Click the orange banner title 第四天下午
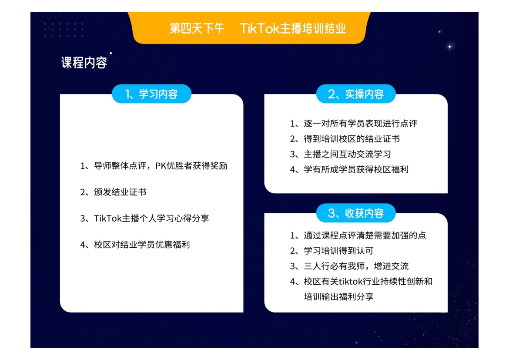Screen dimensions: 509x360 coord(197,28)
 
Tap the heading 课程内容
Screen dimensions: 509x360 coord(84,62)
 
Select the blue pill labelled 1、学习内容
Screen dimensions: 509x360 coord(151,94)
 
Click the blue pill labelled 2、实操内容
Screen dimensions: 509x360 coord(356,94)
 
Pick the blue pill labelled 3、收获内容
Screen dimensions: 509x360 coord(356,213)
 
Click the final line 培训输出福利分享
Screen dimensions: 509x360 coord(338,296)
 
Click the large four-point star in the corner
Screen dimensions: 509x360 coord(450,47)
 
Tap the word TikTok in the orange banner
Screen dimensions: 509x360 coord(259,28)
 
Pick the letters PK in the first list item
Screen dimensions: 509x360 coord(161,166)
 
